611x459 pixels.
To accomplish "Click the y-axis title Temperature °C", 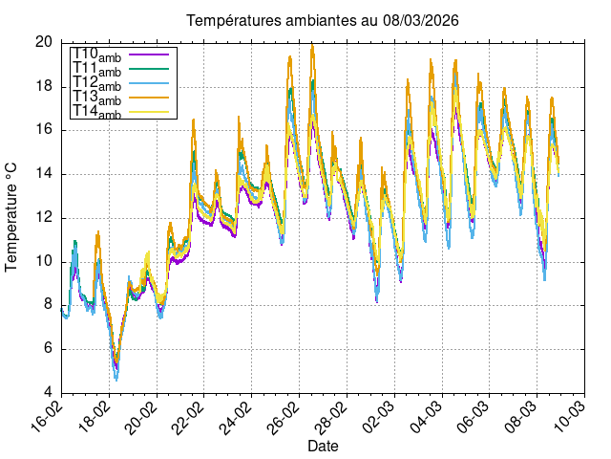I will click(12, 217).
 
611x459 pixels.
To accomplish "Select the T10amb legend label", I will click(96, 56).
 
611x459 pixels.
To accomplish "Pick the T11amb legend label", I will click(96, 70).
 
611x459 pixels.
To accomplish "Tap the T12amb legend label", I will click(96, 84).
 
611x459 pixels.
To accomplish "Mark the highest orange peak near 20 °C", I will click(312, 44).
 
